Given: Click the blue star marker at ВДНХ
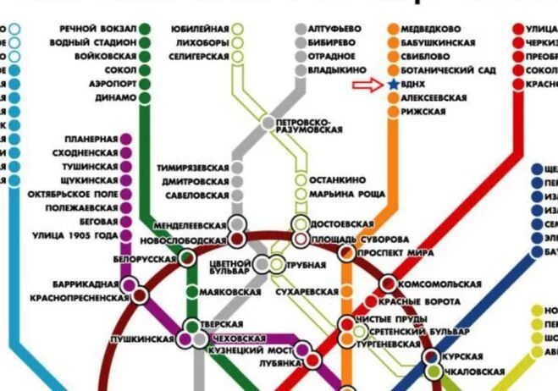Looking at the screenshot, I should pos(394,85).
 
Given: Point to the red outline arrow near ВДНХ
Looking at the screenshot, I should pos(367,85).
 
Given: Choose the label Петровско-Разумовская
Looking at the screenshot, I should pos(309,124).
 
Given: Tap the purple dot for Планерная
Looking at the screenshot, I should pos(126,138).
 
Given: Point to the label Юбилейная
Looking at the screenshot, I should pos(200,27).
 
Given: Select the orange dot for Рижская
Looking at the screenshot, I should pos(394,112).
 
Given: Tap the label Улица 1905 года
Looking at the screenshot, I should pos(74,235).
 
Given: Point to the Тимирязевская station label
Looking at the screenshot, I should pos(194,168).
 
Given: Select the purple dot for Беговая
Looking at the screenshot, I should pos(126,221).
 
